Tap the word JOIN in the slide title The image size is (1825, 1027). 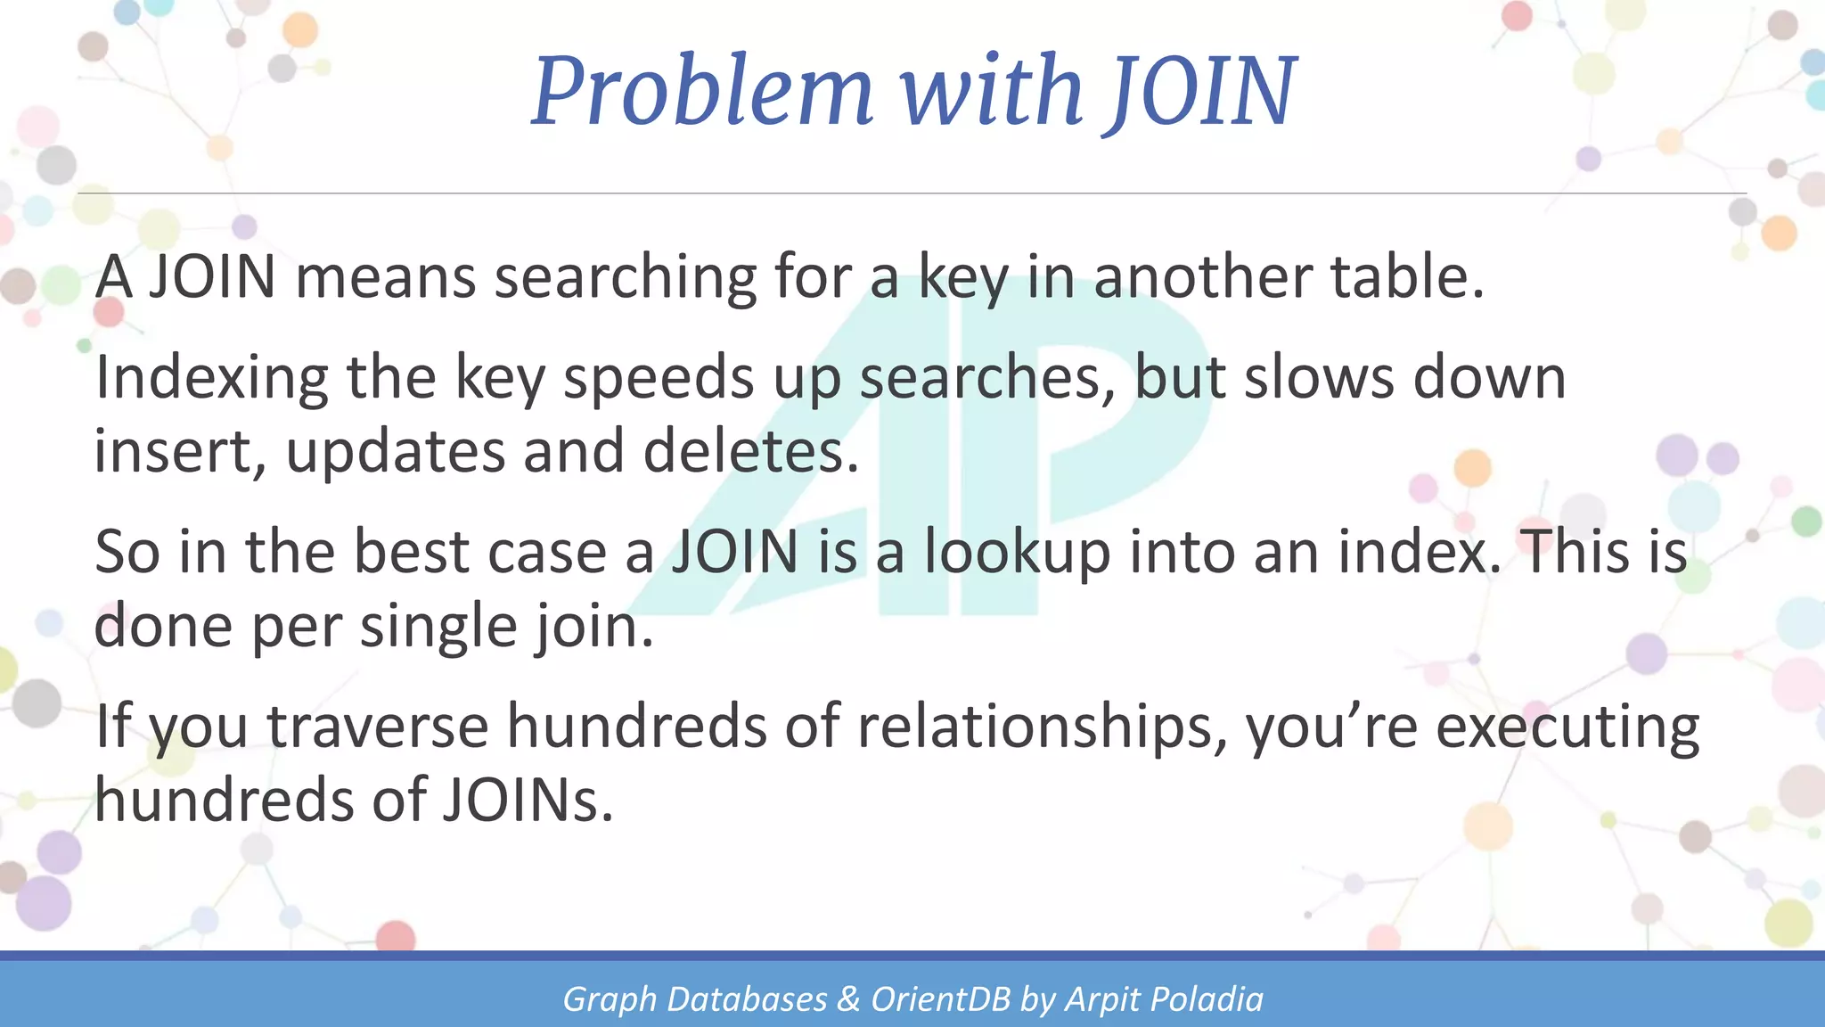[1202, 91]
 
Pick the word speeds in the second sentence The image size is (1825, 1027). [659, 378]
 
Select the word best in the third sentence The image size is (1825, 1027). [411, 552]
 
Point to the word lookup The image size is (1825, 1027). [1017, 554]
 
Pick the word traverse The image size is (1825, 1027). [378, 727]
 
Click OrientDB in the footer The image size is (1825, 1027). [941, 999]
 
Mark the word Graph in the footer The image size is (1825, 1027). [610, 1000]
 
